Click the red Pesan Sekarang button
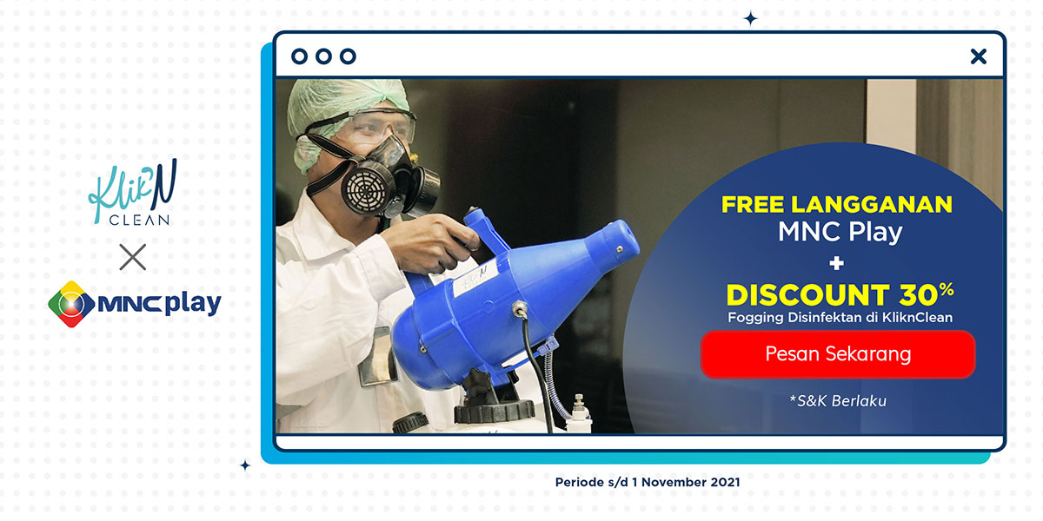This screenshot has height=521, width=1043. click(838, 354)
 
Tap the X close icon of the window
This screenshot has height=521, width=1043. click(979, 56)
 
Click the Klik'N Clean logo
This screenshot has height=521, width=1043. click(133, 193)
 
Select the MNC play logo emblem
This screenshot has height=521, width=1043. click(71, 304)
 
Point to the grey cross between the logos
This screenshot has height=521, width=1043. click(133, 257)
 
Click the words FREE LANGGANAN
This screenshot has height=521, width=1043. click(837, 204)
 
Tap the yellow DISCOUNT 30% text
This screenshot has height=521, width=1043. click(840, 295)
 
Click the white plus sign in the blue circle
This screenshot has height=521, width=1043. click(837, 263)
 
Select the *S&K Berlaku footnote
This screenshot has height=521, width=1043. click(838, 401)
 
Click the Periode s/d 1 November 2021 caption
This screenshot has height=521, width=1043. click(648, 482)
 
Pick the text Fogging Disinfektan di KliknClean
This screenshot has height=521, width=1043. click(840, 318)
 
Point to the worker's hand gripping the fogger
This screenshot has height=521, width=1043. click(431, 242)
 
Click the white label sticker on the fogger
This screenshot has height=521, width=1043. click(475, 277)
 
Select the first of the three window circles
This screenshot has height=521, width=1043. click(299, 56)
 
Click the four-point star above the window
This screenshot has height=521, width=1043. click(751, 19)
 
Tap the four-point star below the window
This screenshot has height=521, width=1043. click(245, 465)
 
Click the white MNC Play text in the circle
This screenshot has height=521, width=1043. click(840, 232)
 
